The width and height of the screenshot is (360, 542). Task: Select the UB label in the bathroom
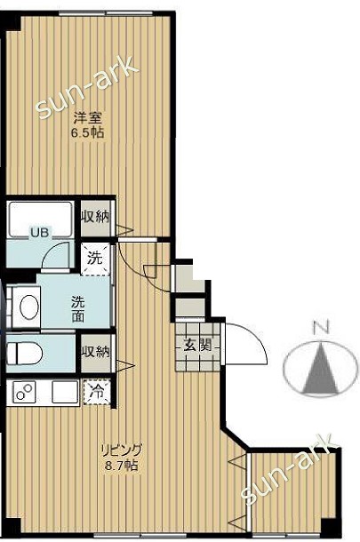[x=40, y=233]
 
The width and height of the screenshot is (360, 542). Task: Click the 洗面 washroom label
[x=78, y=307]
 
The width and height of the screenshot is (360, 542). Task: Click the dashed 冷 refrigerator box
[x=95, y=391]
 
